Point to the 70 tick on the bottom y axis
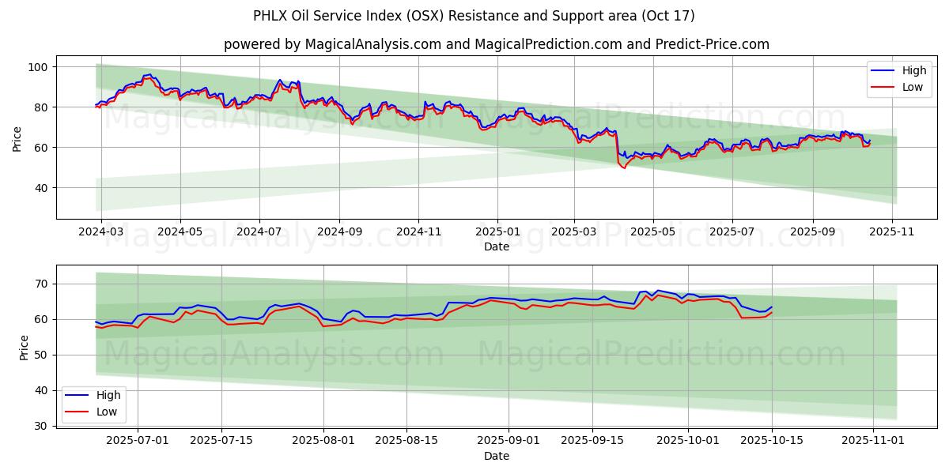pos(42,284)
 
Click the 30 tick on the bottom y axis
pos(42,426)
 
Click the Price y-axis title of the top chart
pos(17,138)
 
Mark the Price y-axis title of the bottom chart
pos(24,348)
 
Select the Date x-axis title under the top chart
pos(496,247)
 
